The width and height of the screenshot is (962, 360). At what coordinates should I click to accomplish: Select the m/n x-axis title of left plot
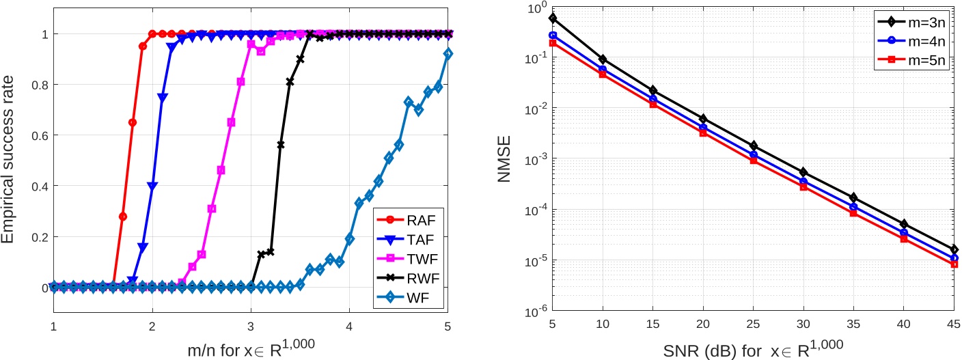251,348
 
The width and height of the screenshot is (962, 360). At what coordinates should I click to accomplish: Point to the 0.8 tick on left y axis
38,85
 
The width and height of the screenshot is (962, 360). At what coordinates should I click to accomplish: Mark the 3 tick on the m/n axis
251,327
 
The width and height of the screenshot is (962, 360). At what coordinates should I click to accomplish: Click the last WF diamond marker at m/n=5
448,53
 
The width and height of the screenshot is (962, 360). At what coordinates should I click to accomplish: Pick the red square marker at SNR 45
953,264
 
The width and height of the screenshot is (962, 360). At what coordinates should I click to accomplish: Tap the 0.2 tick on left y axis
38,237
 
